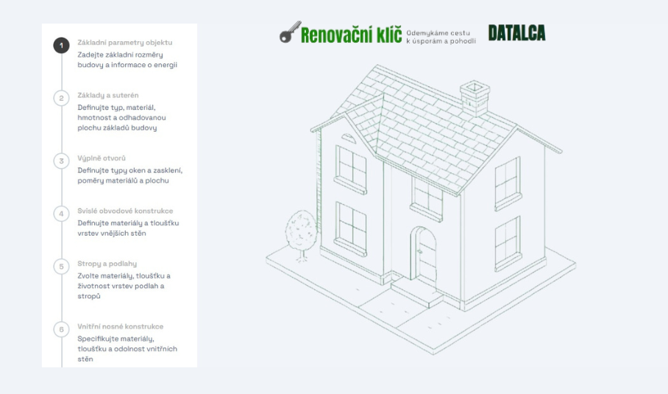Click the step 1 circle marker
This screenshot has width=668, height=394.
61,45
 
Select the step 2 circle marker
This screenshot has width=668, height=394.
61,98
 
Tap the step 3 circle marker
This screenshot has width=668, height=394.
61,161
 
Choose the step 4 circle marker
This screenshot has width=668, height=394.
61,214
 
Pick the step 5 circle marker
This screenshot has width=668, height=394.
61,267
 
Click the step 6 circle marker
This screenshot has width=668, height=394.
61,329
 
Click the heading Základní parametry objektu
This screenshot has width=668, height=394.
125,42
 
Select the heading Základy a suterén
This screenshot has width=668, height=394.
108,95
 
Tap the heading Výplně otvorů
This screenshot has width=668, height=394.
102,158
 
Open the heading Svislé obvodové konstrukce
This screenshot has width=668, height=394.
125,211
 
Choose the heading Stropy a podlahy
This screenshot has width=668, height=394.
107,264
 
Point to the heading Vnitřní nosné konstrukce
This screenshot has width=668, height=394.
120,326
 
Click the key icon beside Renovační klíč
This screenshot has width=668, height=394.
290,32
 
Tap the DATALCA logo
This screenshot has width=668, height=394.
516,33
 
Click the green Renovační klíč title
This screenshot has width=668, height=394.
351,35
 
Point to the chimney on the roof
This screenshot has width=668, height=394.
475,98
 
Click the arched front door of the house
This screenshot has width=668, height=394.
423,255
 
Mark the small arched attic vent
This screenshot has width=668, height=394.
349,138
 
